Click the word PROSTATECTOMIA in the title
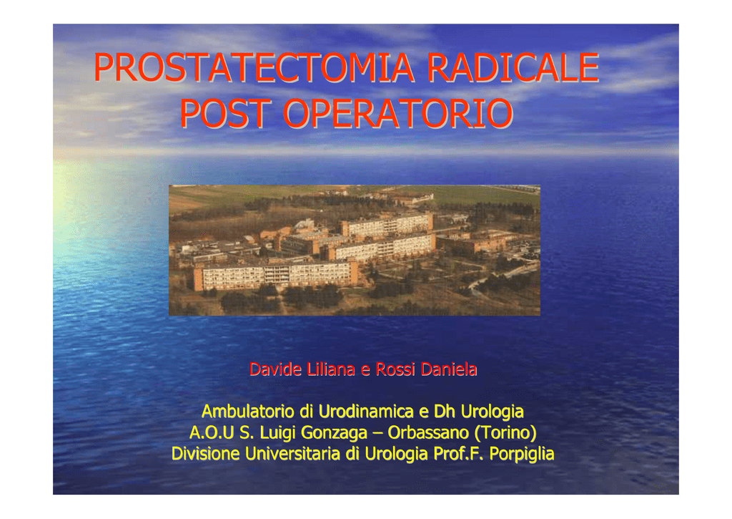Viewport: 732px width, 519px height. click(x=254, y=67)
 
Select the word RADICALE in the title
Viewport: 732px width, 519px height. click(x=513, y=67)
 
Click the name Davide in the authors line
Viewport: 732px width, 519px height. click(x=275, y=369)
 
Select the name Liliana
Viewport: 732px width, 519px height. click(x=331, y=369)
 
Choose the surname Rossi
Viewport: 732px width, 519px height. click(x=395, y=369)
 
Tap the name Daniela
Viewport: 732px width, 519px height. click(x=449, y=369)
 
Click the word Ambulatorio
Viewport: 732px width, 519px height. click(x=248, y=412)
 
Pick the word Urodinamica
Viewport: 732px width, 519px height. click(x=366, y=412)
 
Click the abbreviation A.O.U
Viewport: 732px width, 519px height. click(x=212, y=432)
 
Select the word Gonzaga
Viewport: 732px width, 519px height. click(x=334, y=433)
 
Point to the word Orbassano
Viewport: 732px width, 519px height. click(x=428, y=432)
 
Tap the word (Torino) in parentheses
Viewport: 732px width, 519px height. click(x=505, y=433)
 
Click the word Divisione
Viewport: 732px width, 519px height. click(x=205, y=454)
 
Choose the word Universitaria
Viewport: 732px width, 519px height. click(x=292, y=454)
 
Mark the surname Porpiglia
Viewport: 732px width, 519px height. click(x=522, y=455)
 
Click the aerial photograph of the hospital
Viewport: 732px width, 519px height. click(x=355, y=250)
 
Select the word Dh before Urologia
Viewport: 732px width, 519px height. click(x=445, y=412)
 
